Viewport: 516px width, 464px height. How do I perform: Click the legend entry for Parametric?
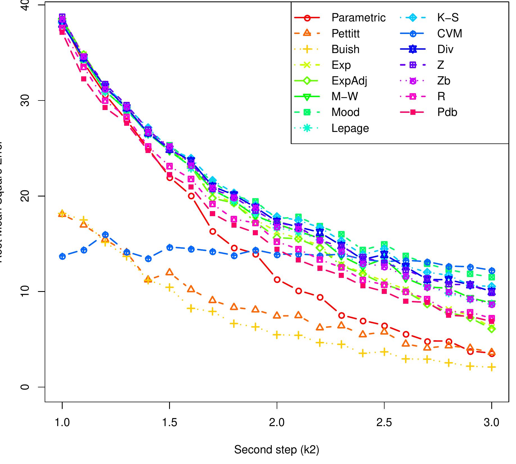pyautogui.click(x=358, y=18)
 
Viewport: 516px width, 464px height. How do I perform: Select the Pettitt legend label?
pyautogui.click(x=345, y=34)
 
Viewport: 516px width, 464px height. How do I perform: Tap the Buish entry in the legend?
pyautogui.click(x=345, y=49)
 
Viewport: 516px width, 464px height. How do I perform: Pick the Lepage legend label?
pyautogui.click(x=350, y=128)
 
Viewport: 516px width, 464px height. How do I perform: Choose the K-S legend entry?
pyautogui.click(x=448, y=18)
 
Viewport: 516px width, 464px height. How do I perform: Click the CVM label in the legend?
pyautogui.click(x=449, y=34)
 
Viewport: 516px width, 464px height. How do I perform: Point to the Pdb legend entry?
pyautogui.click(x=447, y=112)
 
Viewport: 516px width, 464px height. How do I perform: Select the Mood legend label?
pyautogui.click(x=345, y=112)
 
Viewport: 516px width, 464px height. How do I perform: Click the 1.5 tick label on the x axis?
pyautogui.click(x=170, y=422)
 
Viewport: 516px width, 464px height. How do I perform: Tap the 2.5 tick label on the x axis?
pyautogui.click(x=384, y=422)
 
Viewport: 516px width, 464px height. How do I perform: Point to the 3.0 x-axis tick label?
pyautogui.click(x=492, y=422)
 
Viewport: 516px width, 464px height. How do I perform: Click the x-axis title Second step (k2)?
pyautogui.click(x=277, y=450)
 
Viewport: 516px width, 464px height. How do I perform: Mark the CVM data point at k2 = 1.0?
pyautogui.click(x=62, y=256)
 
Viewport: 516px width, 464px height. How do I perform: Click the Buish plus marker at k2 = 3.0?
pyautogui.click(x=492, y=367)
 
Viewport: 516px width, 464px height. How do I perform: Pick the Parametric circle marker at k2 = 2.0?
pyautogui.click(x=277, y=280)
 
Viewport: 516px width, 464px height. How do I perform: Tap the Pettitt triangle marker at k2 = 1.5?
pyautogui.click(x=170, y=272)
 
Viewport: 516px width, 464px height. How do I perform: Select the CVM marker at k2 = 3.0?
pyautogui.click(x=492, y=271)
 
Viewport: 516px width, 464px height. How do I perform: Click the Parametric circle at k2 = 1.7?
pyautogui.click(x=213, y=231)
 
